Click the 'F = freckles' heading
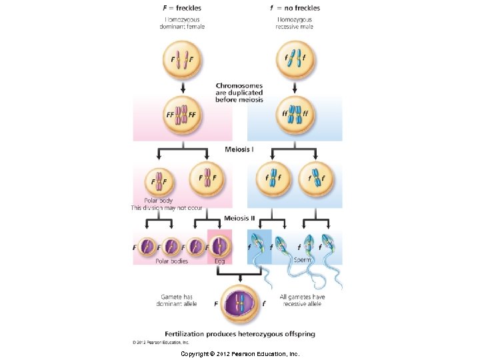pos(182,8)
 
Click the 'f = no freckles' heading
pos(295,8)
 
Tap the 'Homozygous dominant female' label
pos(182,23)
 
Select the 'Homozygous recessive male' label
pos(295,23)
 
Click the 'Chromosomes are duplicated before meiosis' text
pos(239,93)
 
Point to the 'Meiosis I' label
pos(238,149)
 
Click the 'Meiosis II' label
pos(238,217)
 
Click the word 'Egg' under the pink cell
pos(219,261)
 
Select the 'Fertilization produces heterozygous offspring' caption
pos(240,333)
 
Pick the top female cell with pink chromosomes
pos(182,59)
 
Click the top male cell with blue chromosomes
pos(295,59)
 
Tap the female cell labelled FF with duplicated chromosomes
pos(182,114)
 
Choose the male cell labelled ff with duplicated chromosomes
pos(295,114)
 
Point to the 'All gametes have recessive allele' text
pos(302,300)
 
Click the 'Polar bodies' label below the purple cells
pos(172,261)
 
